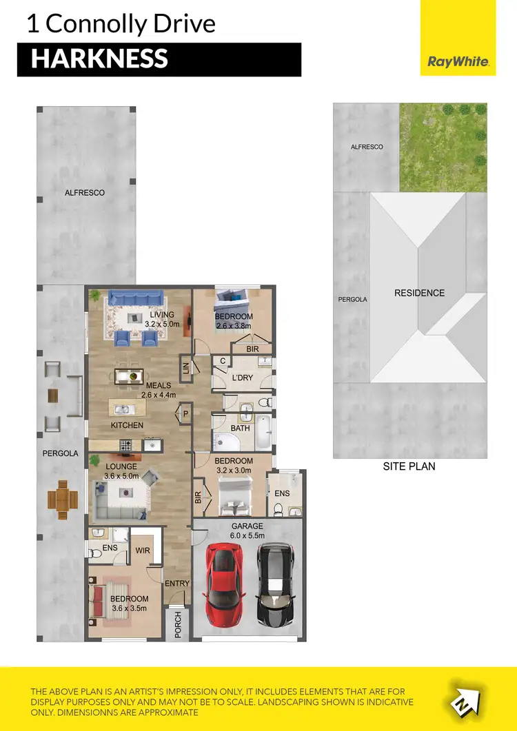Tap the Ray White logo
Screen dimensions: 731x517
coord(458,61)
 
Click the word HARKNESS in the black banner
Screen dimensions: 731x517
coord(99,59)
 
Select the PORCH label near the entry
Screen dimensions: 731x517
coord(178,624)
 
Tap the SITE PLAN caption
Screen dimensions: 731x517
coord(409,466)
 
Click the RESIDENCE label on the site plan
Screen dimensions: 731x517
coord(419,293)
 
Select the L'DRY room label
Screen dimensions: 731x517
coord(242,379)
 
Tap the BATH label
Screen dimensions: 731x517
coord(241,428)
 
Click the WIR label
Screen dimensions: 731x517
coord(143,550)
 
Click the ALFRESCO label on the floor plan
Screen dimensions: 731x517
coord(85,193)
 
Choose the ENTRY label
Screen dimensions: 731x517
coord(177,584)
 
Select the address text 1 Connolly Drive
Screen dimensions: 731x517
coord(121,24)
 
